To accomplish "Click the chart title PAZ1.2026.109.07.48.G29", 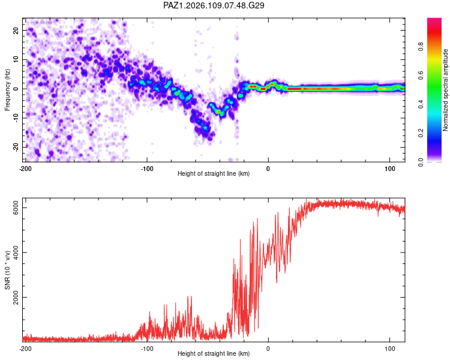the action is coord(214,5).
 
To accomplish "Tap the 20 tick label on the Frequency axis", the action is coord(16,31).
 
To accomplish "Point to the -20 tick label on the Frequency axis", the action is coord(16,148).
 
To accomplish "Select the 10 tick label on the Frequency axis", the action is coord(16,59).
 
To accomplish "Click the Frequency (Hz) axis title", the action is coord(7,90).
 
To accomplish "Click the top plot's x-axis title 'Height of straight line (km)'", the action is coord(214,173).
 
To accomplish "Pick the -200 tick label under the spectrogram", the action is coord(25,169).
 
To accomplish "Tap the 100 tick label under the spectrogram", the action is coord(390,169).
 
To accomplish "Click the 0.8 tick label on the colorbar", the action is coord(421,47).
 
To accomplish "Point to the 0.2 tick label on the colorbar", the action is coord(421,133).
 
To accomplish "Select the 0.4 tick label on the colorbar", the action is coord(421,104).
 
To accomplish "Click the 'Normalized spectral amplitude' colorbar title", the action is coord(445,90).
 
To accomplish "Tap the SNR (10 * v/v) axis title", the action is coord(7,270).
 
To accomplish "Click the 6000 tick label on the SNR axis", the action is coord(16,208).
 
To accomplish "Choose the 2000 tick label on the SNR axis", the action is coord(16,297).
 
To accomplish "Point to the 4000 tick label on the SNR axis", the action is coord(16,253).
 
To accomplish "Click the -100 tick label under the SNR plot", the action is coord(146,349).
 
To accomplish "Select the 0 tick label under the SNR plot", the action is coord(268,349).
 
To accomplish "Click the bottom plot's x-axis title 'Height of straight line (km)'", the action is coord(214,353).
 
